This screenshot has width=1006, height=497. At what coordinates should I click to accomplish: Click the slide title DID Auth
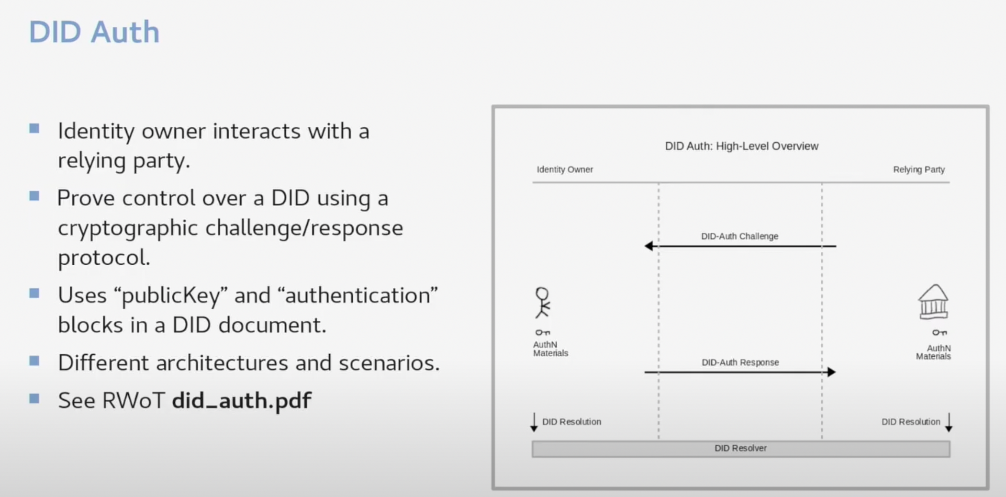point(94,32)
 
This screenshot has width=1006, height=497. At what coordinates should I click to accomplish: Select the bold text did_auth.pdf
point(242,400)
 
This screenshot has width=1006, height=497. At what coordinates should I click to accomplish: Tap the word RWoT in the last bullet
point(134,400)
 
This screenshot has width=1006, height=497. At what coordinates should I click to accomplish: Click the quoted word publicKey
point(171,295)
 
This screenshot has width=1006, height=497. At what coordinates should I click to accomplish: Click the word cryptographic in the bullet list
point(128,228)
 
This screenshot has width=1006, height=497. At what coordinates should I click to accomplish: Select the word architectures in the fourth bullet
point(222,362)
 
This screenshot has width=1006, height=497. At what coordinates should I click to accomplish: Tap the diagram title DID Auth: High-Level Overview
point(741,146)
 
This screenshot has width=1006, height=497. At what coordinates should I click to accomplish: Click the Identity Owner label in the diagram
point(565,169)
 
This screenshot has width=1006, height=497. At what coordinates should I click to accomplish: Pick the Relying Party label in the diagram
point(919,169)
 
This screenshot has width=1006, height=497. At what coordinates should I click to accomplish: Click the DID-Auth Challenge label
point(739,236)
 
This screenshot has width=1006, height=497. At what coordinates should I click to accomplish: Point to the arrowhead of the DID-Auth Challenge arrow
point(649,246)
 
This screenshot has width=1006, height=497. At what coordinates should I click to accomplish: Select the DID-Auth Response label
point(740,362)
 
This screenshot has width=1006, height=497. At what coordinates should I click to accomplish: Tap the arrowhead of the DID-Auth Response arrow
point(831,372)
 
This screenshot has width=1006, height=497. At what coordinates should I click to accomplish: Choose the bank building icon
point(933,302)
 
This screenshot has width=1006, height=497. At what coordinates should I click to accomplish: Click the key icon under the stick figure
point(543,332)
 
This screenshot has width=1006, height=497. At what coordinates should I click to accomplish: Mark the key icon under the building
point(939,332)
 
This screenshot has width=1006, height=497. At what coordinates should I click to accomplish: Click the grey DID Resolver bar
point(740,449)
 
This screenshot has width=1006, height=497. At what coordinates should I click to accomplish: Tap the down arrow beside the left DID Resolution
point(534,422)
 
